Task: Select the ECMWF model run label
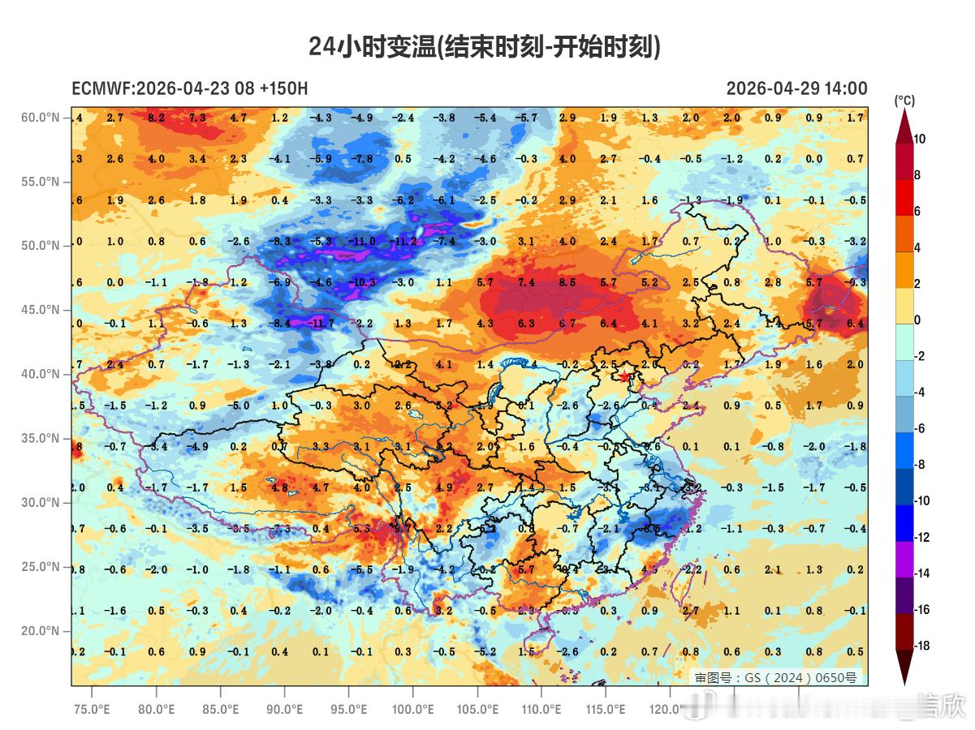coord(189,88)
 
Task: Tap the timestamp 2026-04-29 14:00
coord(796,88)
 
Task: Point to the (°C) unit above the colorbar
coord(904,101)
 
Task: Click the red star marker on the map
coord(624,376)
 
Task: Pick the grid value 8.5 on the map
coord(567,283)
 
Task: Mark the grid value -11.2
coord(403,242)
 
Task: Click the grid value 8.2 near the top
coord(156,118)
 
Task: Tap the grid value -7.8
coord(362,159)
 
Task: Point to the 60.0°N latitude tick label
coord(41,118)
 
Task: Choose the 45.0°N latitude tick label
coord(41,310)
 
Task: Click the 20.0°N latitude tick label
coord(41,630)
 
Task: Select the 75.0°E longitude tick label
coord(92,709)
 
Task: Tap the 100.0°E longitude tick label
coord(412,709)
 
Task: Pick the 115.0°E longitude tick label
coord(606,709)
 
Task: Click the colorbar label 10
coord(919,140)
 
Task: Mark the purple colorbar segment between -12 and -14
coord(904,556)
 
